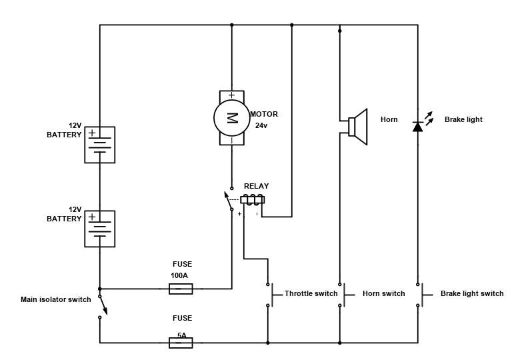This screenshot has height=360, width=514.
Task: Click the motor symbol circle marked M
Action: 231,118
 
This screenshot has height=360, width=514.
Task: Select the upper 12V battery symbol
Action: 99,145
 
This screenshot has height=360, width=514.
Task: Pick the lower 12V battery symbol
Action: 99,229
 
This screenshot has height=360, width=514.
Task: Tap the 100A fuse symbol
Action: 181,289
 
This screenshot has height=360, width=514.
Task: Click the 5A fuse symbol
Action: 181,343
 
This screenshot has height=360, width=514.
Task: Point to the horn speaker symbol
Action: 357,127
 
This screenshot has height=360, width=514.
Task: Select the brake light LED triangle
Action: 417,126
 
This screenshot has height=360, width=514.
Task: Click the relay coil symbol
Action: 253,200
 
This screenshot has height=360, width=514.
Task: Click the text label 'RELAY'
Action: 257,186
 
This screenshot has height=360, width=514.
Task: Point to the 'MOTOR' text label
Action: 264,114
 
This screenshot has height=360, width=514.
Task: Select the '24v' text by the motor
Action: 261,125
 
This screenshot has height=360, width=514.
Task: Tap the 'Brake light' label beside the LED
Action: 463,119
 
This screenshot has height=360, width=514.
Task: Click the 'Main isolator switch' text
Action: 56,299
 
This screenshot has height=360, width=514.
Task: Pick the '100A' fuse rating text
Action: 179,275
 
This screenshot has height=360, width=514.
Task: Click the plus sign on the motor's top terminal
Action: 232,95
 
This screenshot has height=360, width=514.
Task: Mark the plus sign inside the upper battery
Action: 92,133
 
